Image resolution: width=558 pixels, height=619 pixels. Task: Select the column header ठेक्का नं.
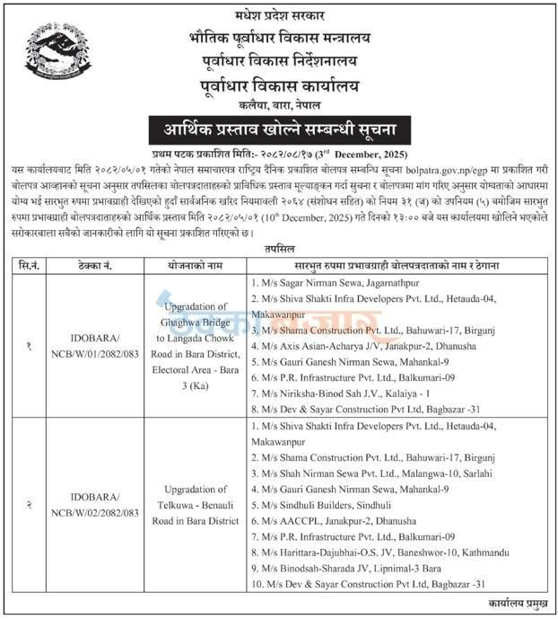(x=98, y=265)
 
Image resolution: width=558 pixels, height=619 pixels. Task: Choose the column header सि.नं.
(x=31, y=265)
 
